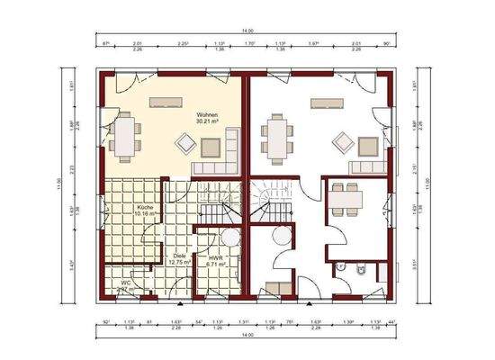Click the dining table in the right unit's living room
tap(277, 138)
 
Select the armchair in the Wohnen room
tap(187, 142)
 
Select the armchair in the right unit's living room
tap(343, 141)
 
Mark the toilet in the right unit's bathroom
tap(358, 269)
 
